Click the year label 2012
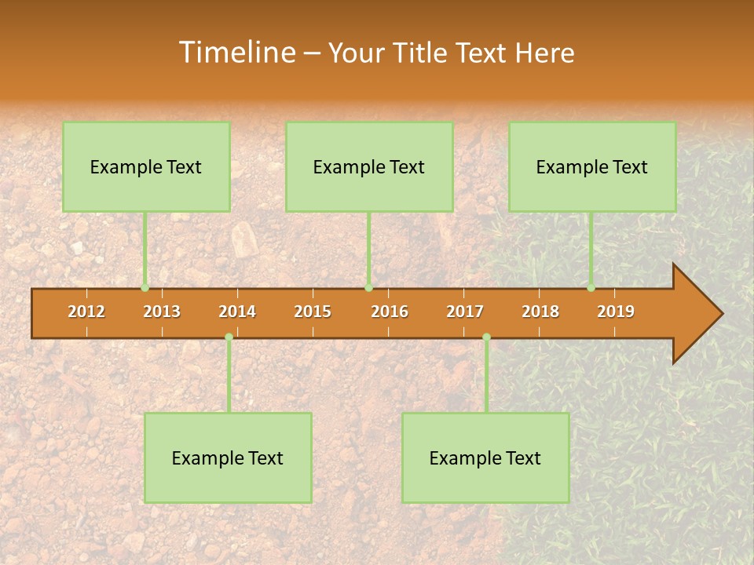(86, 312)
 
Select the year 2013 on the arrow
(162, 312)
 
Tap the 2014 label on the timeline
(237, 312)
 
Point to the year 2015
(313, 312)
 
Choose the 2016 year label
(390, 312)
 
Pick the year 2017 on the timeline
(465, 312)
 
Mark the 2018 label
(540, 312)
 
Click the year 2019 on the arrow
(616, 312)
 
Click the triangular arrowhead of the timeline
(695, 314)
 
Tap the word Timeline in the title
(236, 53)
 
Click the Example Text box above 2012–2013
(146, 166)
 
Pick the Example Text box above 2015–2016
(369, 166)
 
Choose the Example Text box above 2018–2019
(592, 166)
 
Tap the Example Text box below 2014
(228, 457)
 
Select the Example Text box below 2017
(485, 457)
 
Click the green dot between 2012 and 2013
(145, 288)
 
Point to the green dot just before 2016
(368, 288)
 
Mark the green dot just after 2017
(486, 337)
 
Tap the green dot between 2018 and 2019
(591, 288)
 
